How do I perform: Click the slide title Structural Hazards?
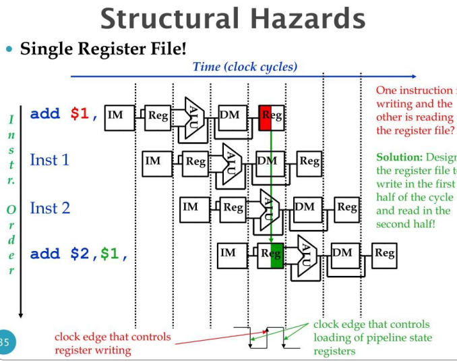[x=233, y=19]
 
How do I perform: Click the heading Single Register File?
[x=103, y=49]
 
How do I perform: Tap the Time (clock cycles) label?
[x=245, y=66]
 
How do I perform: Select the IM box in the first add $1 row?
[x=116, y=115]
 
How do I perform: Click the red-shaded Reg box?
[x=271, y=116]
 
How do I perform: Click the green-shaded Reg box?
[x=271, y=254]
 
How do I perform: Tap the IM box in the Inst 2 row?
[x=191, y=207]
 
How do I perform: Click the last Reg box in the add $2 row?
[x=384, y=254]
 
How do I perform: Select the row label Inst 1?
[x=50, y=160]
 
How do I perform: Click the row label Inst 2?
[x=50, y=208]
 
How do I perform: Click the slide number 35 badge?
[x=5, y=342]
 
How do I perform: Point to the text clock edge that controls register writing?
[x=113, y=343]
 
